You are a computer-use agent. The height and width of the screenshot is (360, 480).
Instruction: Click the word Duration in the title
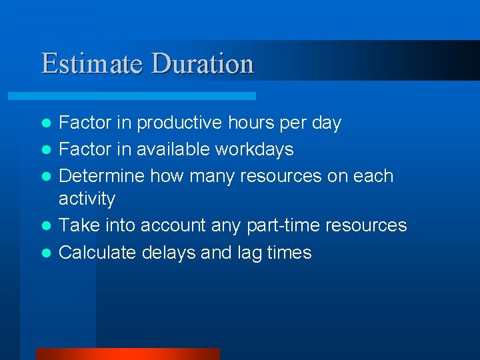tap(203, 64)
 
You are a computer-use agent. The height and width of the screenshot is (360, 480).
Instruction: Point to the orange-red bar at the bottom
tap(127, 353)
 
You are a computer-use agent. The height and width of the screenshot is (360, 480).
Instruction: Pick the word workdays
tap(254, 149)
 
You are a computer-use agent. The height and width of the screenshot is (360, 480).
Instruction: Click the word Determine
tap(102, 176)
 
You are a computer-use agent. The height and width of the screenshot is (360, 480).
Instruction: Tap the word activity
tap(87, 199)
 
